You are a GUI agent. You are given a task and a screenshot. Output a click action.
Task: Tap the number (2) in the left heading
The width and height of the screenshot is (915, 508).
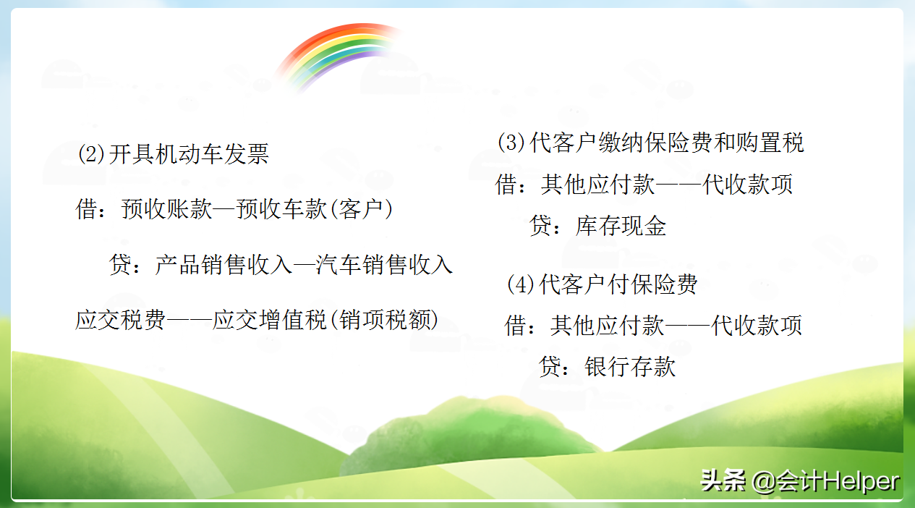[x=91, y=154]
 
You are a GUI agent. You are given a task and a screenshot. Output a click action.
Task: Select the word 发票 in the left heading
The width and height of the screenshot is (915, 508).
[x=246, y=154]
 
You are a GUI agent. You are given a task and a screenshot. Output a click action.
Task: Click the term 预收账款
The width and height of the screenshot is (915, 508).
[x=166, y=209]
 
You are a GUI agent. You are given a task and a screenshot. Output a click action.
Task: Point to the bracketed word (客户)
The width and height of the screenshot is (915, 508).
[x=361, y=209]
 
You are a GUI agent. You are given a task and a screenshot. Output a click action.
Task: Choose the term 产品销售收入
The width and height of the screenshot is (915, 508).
[x=223, y=264]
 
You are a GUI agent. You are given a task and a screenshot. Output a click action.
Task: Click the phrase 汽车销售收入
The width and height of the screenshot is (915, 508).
[x=384, y=264]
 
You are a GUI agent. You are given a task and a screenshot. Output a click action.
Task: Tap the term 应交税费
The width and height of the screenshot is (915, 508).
[x=121, y=319]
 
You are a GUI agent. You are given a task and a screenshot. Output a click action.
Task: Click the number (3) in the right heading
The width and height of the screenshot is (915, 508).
[x=511, y=143]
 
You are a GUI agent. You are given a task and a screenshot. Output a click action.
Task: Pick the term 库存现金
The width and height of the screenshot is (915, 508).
[x=621, y=226]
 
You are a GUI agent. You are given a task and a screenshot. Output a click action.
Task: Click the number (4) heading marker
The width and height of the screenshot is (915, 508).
[x=520, y=284]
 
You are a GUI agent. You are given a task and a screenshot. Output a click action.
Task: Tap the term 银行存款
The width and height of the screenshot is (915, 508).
[x=630, y=366]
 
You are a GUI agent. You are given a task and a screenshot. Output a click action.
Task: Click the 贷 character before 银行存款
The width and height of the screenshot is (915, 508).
[x=550, y=366]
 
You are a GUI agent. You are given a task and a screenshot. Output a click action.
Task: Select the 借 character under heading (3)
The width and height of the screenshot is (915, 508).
[x=506, y=184]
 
